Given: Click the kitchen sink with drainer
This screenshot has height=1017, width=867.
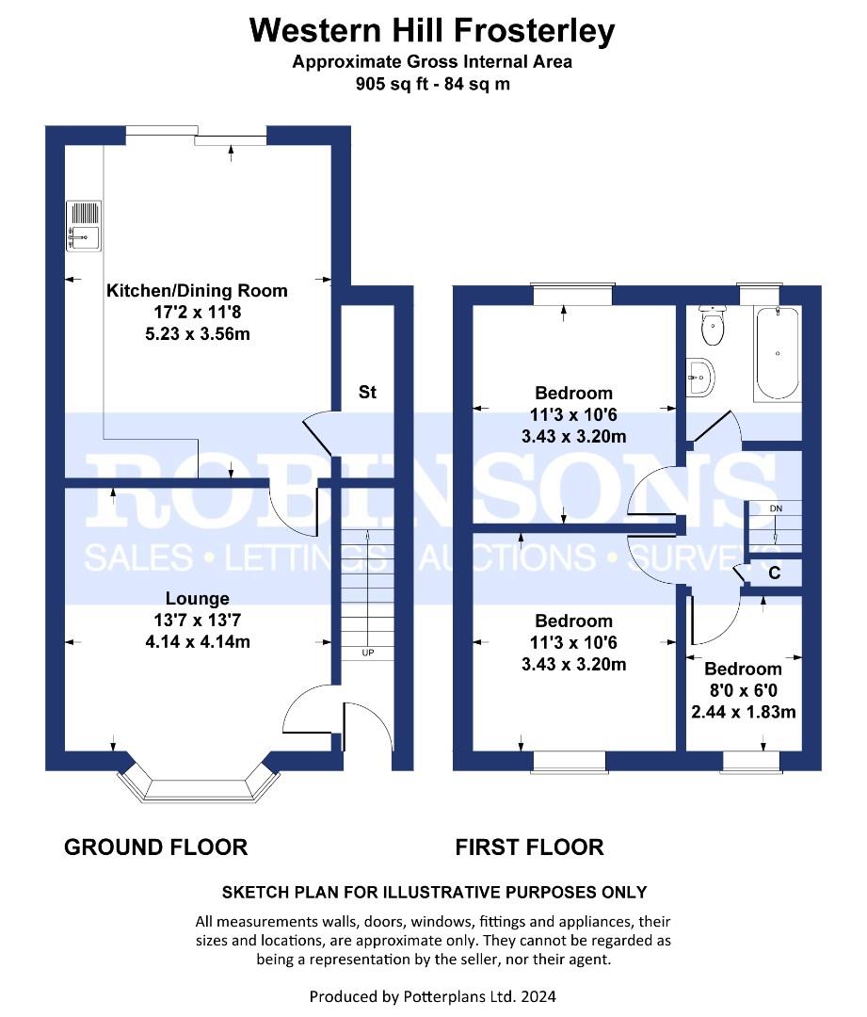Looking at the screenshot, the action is (x=84, y=226).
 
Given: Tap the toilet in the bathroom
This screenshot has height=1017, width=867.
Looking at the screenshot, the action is (x=712, y=326).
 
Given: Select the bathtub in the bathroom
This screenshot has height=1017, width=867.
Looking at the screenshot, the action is (x=777, y=353).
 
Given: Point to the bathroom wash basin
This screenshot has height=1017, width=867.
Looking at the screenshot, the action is (x=700, y=376).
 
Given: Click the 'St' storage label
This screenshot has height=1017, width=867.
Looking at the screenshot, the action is (x=368, y=392).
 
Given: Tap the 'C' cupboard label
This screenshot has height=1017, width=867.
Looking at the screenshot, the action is (x=774, y=573).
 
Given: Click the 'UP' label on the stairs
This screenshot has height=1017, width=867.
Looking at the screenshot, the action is (x=368, y=653).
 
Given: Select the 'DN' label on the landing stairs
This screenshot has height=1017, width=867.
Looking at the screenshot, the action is (x=777, y=508).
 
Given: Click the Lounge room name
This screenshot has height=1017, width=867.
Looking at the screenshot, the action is (x=197, y=598).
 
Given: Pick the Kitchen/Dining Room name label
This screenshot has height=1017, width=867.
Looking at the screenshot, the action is (x=197, y=291).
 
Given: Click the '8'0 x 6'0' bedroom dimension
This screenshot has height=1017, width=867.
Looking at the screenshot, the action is (x=743, y=691).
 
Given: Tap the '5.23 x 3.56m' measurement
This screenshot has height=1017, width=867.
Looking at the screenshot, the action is (x=198, y=334).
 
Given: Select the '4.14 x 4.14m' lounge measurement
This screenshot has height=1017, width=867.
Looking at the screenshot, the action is (x=198, y=641).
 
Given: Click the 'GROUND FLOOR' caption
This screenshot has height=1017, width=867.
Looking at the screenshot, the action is (x=155, y=847).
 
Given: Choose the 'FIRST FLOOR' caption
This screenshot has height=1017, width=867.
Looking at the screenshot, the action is (x=529, y=847).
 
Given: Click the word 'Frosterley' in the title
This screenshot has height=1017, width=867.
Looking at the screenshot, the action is (x=534, y=31).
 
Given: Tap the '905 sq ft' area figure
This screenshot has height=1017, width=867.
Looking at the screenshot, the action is (x=392, y=85).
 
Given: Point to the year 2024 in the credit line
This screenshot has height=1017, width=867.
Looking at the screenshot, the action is (x=538, y=996).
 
